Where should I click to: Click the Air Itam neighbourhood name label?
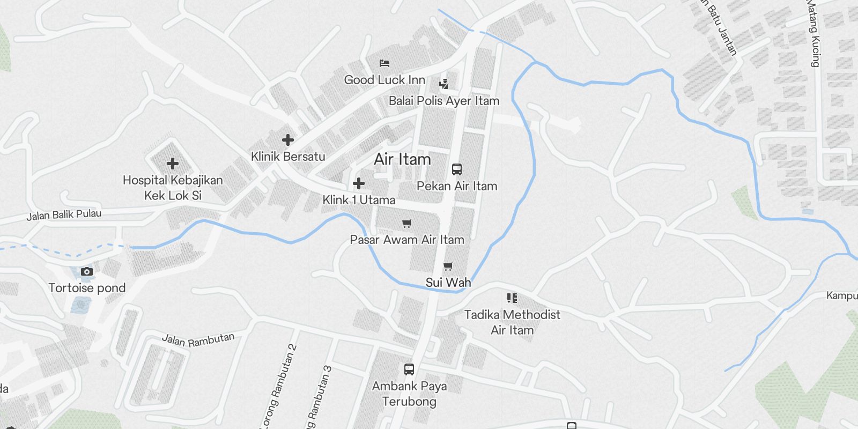[x=402, y=159]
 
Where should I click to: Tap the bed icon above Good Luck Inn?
[x=384, y=63]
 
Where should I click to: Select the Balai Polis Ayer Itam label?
[x=444, y=101]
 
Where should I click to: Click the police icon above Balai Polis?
[x=443, y=84]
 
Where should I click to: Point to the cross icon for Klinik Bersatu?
[x=288, y=140]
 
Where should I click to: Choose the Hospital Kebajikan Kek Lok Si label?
[x=173, y=188]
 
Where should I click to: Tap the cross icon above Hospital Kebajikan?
[x=173, y=164]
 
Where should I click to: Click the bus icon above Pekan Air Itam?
[x=457, y=169]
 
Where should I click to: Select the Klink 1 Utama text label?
[x=359, y=200]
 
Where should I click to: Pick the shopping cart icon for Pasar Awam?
[x=407, y=223]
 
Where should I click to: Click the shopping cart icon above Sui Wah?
[x=448, y=266]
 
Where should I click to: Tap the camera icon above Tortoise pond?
[x=87, y=272]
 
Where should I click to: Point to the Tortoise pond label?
[x=87, y=288]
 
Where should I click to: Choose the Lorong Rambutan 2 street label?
[x=279, y=385]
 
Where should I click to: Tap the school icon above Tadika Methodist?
[x=512, y=298]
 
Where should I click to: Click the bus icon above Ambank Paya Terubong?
[x=409, y=369]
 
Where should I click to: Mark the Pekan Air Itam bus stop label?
[x=457, y=186]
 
